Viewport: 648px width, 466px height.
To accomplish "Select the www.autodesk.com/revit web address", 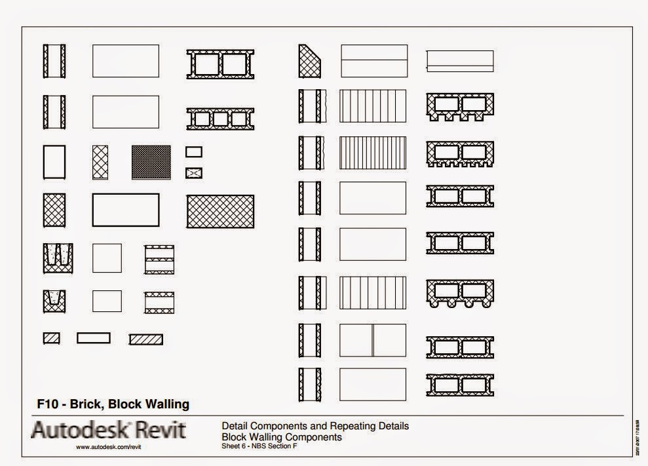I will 109,447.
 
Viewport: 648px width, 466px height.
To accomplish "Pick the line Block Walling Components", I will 282,437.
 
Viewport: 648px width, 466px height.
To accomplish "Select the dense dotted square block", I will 151,162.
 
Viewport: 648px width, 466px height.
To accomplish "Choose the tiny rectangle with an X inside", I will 193,173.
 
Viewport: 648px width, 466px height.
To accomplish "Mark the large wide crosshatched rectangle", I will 220,211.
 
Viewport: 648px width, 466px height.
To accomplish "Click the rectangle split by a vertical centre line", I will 372,340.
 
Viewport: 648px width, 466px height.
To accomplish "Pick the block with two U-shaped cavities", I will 58,258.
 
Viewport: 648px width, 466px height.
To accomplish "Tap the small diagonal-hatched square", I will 51,338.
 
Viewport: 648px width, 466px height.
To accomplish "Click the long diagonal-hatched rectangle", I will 145,340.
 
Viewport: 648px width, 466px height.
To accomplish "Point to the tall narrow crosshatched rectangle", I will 100,162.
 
